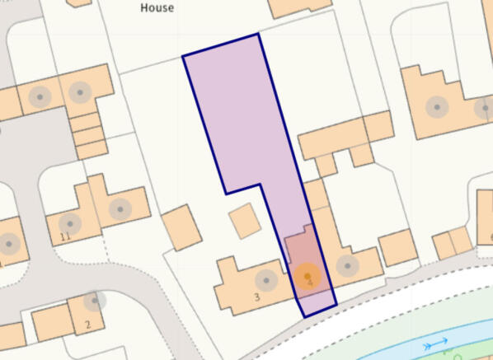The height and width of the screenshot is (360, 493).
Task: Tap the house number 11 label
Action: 66,237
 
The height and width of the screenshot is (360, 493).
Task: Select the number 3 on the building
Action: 257,296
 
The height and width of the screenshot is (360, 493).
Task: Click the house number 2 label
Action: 87,324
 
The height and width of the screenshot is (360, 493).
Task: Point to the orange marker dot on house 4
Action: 308,275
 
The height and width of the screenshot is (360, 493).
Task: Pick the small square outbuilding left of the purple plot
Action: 244,221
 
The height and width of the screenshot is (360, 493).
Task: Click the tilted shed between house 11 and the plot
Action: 181,227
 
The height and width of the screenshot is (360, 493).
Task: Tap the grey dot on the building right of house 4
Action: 348,265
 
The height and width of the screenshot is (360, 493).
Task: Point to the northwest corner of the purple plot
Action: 182,56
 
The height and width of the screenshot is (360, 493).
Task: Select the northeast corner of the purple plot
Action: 259,35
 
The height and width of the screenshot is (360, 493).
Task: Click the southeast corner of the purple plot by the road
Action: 336,305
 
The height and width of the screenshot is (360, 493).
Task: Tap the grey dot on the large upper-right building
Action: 438,106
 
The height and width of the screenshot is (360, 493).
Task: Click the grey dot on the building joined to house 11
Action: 120,208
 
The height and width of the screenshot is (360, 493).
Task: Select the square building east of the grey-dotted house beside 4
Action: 397,247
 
